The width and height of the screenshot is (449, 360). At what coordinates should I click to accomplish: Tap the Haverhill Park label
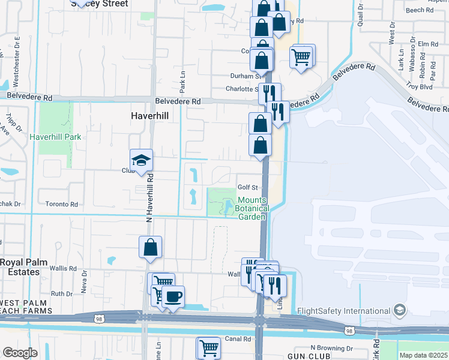pos(55,137)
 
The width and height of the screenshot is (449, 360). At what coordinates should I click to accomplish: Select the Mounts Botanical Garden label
pos(252,208)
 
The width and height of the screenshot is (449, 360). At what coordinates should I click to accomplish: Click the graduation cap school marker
pos(141,160)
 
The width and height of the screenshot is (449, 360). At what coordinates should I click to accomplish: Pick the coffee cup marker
pos(173,296)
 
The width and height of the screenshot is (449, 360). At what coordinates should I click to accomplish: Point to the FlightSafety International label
pos(344,311)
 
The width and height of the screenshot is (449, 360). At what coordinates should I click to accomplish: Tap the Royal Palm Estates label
pos(20,267)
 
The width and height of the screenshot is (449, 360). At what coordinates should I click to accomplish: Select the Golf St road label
pos(247,188)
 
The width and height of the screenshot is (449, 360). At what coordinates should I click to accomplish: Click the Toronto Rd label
pos(62,205)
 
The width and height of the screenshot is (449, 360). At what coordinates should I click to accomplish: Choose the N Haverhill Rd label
pos(151,198)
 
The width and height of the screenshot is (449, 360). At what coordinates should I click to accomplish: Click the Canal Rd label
pos(238,339)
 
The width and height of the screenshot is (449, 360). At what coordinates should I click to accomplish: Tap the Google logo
pos(20,353)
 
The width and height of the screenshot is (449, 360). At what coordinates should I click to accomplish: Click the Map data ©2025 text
pos(423,355)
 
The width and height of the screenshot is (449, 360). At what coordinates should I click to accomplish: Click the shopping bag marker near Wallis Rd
pos(150,247)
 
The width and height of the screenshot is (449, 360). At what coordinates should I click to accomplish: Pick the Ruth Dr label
pos(62,293)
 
